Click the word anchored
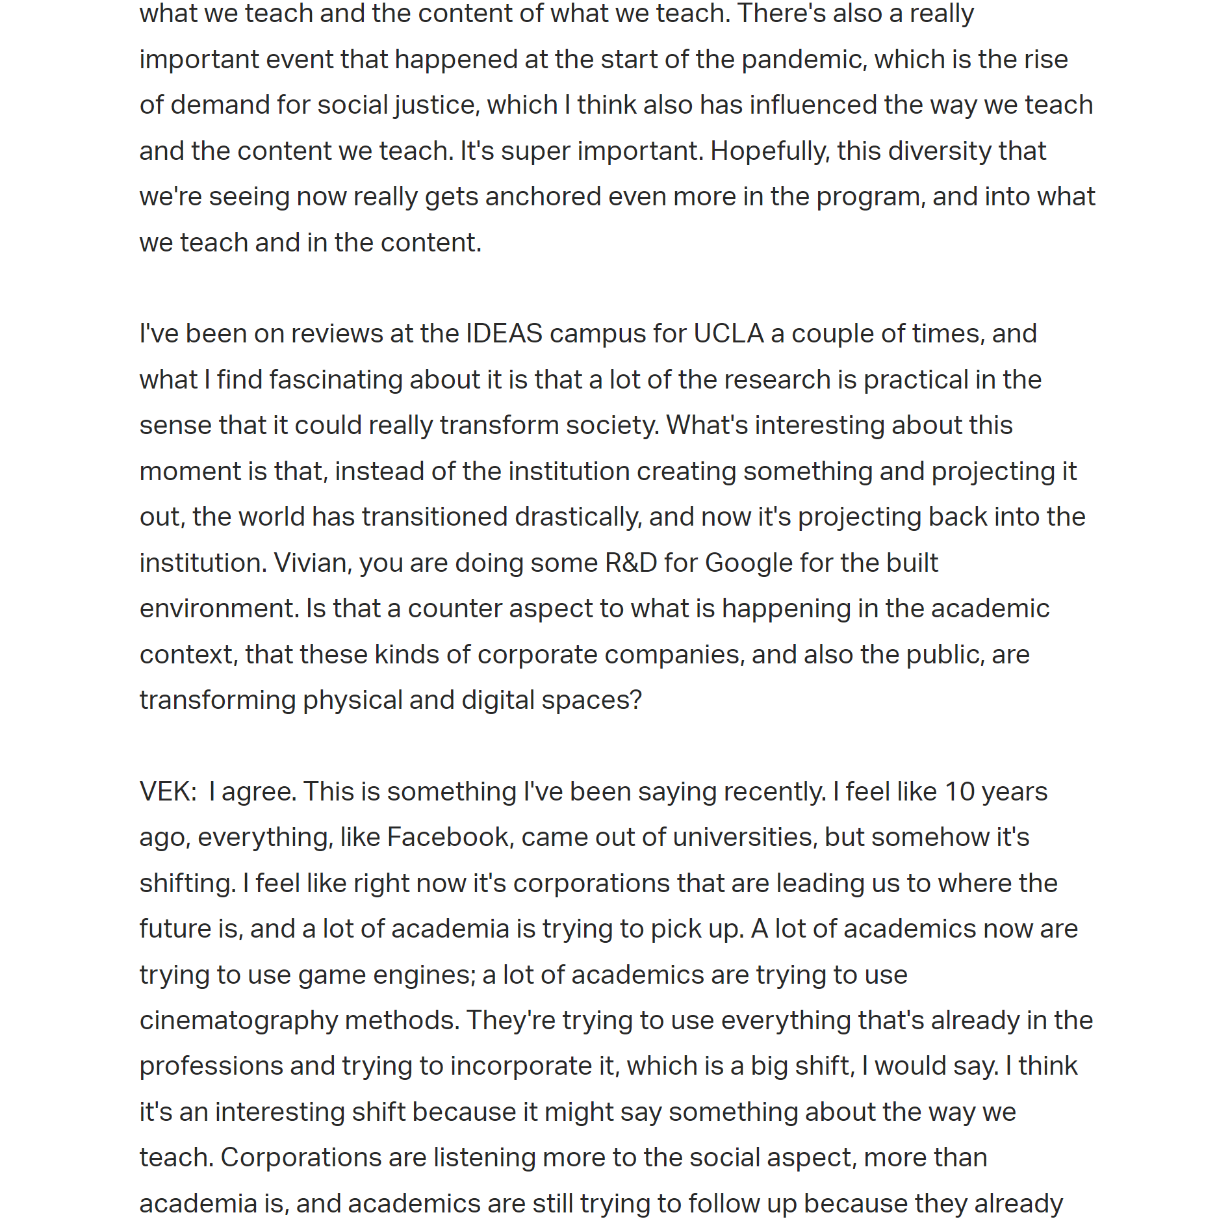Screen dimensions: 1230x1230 [543, 197]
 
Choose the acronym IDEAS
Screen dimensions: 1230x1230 [504, 334]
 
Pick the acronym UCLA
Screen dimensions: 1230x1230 [728, 334]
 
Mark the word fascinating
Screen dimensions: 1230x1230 [335, 380]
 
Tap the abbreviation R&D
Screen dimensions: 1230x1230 [630, 563]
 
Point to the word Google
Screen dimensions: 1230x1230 [748, 563]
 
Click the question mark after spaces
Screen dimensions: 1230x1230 [635, 700]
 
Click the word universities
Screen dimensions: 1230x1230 [742, 838]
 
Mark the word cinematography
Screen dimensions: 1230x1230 [238, 1021]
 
